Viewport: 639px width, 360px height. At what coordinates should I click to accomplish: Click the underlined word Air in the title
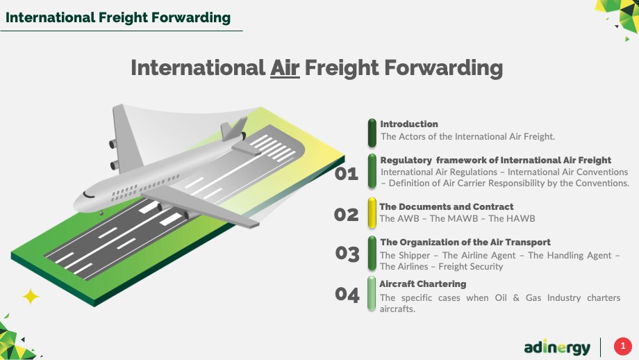click(285, 67)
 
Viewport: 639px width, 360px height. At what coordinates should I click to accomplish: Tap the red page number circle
click(623, 346)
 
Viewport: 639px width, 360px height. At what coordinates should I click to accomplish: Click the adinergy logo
click(557, 347)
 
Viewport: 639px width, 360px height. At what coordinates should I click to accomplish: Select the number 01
click(347, 174)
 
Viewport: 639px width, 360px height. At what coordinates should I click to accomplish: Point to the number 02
click(347, 215)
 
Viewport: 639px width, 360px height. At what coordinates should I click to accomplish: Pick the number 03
click(347, 254)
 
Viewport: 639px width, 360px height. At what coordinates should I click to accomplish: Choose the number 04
click(347, 295)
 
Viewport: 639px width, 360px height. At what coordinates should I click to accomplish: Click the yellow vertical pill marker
click(372, 213)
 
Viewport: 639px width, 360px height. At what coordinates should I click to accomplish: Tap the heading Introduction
click(409, 124)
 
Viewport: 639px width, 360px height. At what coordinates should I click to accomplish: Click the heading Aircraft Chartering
click(423, 284)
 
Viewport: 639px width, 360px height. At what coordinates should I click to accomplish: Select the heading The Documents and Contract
click(446, 206)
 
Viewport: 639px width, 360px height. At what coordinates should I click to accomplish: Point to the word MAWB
click(454, 218)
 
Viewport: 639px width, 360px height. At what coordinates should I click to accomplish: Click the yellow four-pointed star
click(31, 296)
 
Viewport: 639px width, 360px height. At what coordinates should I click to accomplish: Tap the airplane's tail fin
click(234, 129)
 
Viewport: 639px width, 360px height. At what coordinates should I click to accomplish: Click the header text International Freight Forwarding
click(118, 17)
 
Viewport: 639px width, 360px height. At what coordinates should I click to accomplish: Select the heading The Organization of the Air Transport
click(465, 242)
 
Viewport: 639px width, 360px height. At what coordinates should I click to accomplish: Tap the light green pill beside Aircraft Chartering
click(372, 293)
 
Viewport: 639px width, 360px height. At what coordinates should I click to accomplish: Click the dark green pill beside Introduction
click(372, 133)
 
